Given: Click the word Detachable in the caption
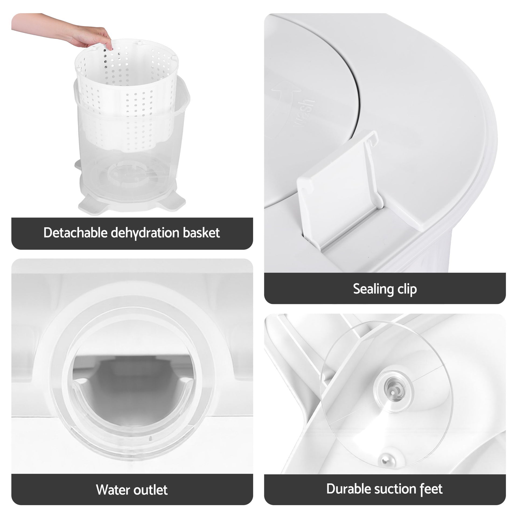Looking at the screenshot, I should point(76,233).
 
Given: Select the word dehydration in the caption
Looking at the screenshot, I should point(145,233).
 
